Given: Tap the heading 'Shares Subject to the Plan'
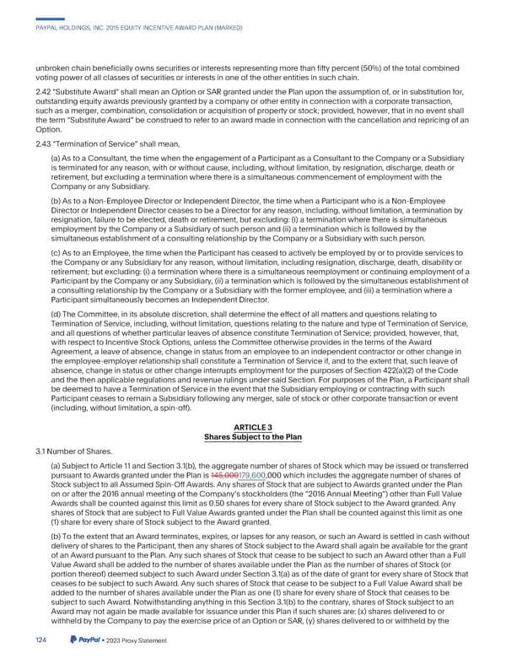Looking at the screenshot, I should point(253,437).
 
